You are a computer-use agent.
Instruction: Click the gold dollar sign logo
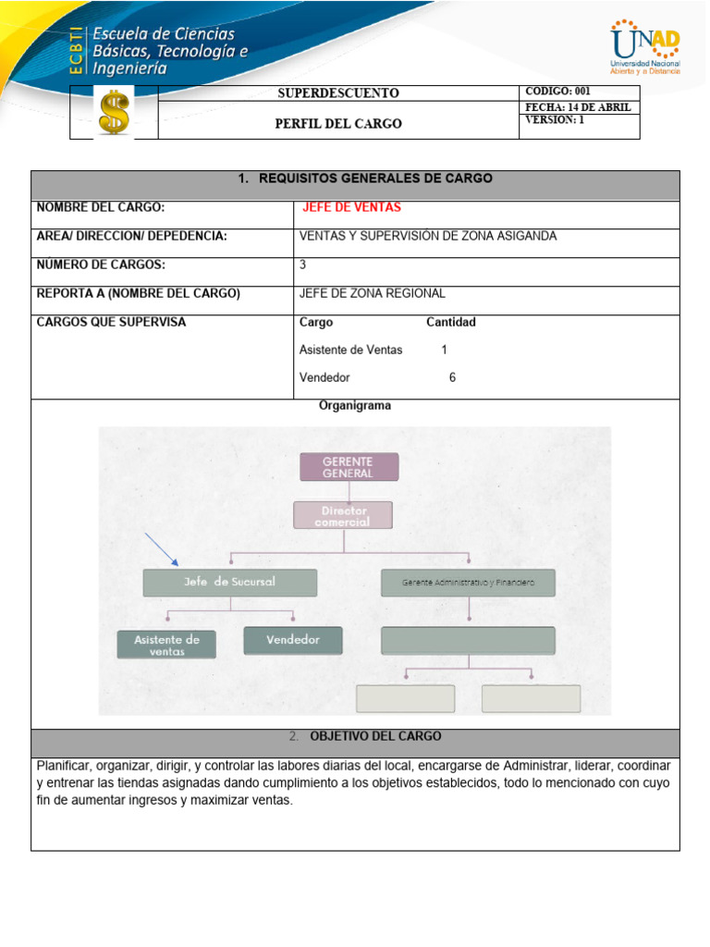click(x=115, y=113)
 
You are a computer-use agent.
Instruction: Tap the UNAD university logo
click(x=644, y=48)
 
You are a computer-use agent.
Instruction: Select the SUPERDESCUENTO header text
click(x=338, y=93)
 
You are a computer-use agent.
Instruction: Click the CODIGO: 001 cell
click(x=557, y=91)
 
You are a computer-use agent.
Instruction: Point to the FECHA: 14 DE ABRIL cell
click(x=578, y=107)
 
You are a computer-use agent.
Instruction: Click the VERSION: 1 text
click(x=555, y=120)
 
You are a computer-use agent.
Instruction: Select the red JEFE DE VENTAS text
click(x=351, y=208)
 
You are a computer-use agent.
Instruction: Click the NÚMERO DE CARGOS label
click(x=101, y=264)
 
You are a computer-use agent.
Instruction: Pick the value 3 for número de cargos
click(x=303, y=264)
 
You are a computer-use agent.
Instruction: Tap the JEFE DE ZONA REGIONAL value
click(x=373, y=293)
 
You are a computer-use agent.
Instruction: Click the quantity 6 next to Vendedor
click(x=452, y=377)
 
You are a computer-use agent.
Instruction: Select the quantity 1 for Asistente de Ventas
click(x=444, y=350)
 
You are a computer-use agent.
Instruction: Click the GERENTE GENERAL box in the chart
click(x=349, y=467)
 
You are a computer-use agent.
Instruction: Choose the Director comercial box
click(x=343, y=515)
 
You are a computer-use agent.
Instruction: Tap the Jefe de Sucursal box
click(x=229, y=582)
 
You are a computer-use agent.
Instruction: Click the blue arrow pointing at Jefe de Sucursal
click(x=162, y=549)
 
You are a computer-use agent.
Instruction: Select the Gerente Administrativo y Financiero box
click(x=468, y=583)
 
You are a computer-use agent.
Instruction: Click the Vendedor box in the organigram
click(x=293, y=640)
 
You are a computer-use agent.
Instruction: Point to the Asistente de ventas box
click(x=166, y=645)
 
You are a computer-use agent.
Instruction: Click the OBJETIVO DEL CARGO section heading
click(x=374, y=736)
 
